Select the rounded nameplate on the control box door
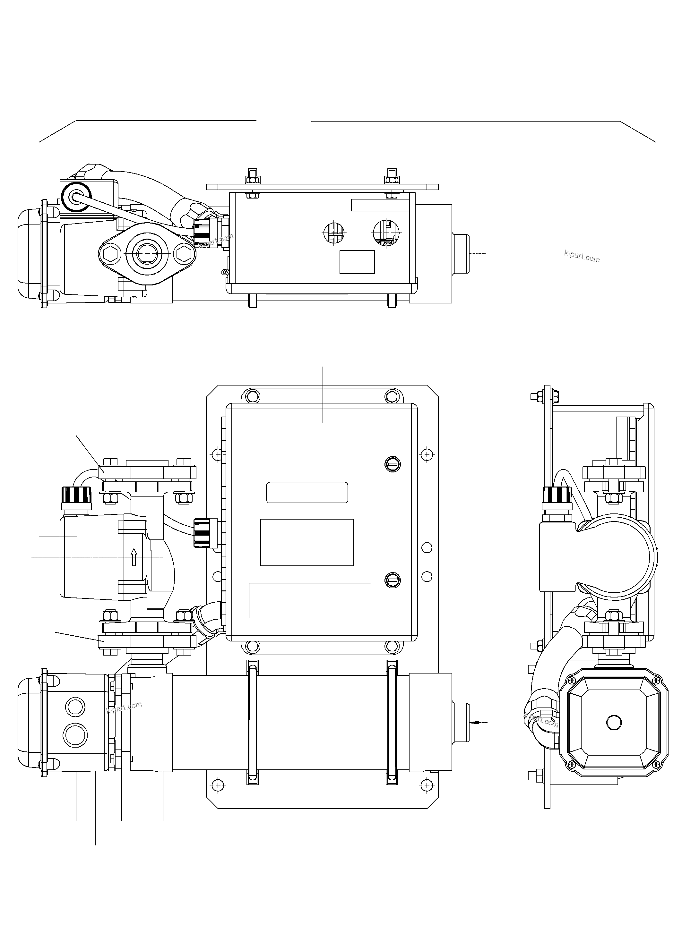[307, 492]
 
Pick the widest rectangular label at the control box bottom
[310, 600]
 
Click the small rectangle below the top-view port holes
[357, 262]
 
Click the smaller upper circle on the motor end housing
[75, 707]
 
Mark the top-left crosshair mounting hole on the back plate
[218, 454]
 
